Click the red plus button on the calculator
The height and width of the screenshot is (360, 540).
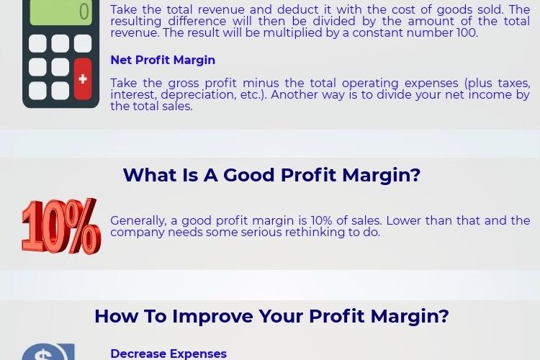pos(83,79)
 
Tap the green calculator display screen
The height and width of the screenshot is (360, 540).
pos(61,12)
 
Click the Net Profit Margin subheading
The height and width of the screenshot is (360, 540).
pos(163,60)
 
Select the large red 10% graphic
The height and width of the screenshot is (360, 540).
pos(61,226)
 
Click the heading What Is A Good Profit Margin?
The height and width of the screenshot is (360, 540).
pos(271,175)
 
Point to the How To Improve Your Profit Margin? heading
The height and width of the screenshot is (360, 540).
pos(271,316)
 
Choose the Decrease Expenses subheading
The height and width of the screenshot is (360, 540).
pos(168,354)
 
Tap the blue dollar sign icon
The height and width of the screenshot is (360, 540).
pos(48,352)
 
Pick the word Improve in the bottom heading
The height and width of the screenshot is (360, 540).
pos(212,316)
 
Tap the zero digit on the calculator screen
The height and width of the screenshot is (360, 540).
pos(84,12)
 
